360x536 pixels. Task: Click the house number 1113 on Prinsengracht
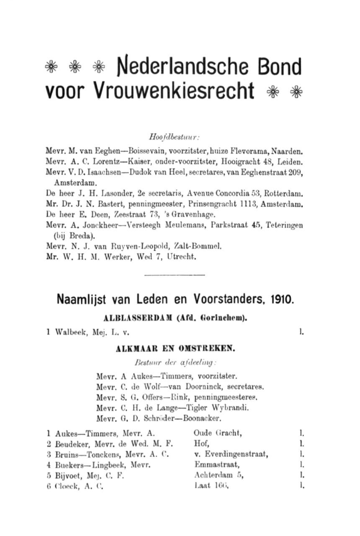pyautogui.click(x=251, y=205)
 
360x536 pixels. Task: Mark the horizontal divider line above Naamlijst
pyautogui.click(x=174, y=275)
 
